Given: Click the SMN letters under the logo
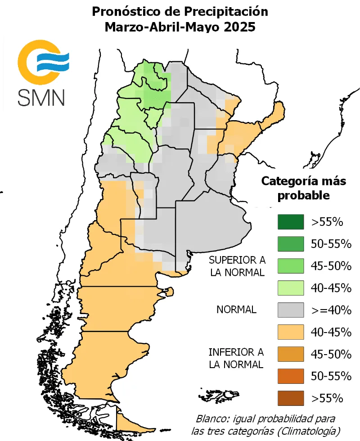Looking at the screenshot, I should coord(41,97).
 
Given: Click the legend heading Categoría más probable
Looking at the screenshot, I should coord(304,189).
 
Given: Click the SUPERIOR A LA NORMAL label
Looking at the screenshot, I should coord(237,266).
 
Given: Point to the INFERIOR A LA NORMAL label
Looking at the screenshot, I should coord(236,358).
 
